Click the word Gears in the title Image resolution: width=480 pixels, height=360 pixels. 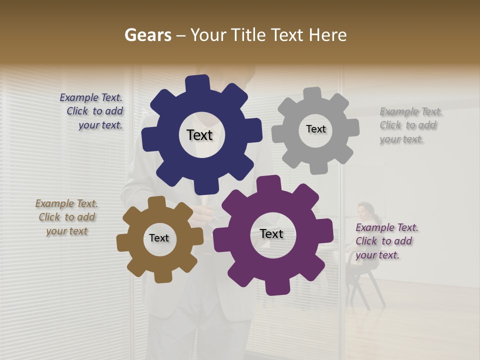[147, 35]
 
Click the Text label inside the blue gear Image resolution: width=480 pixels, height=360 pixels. [200, 135]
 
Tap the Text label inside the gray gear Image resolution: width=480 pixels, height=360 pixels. [315, 129]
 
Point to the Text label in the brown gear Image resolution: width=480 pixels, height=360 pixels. [159, 238]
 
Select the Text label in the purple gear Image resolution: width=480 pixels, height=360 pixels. [271, 233]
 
